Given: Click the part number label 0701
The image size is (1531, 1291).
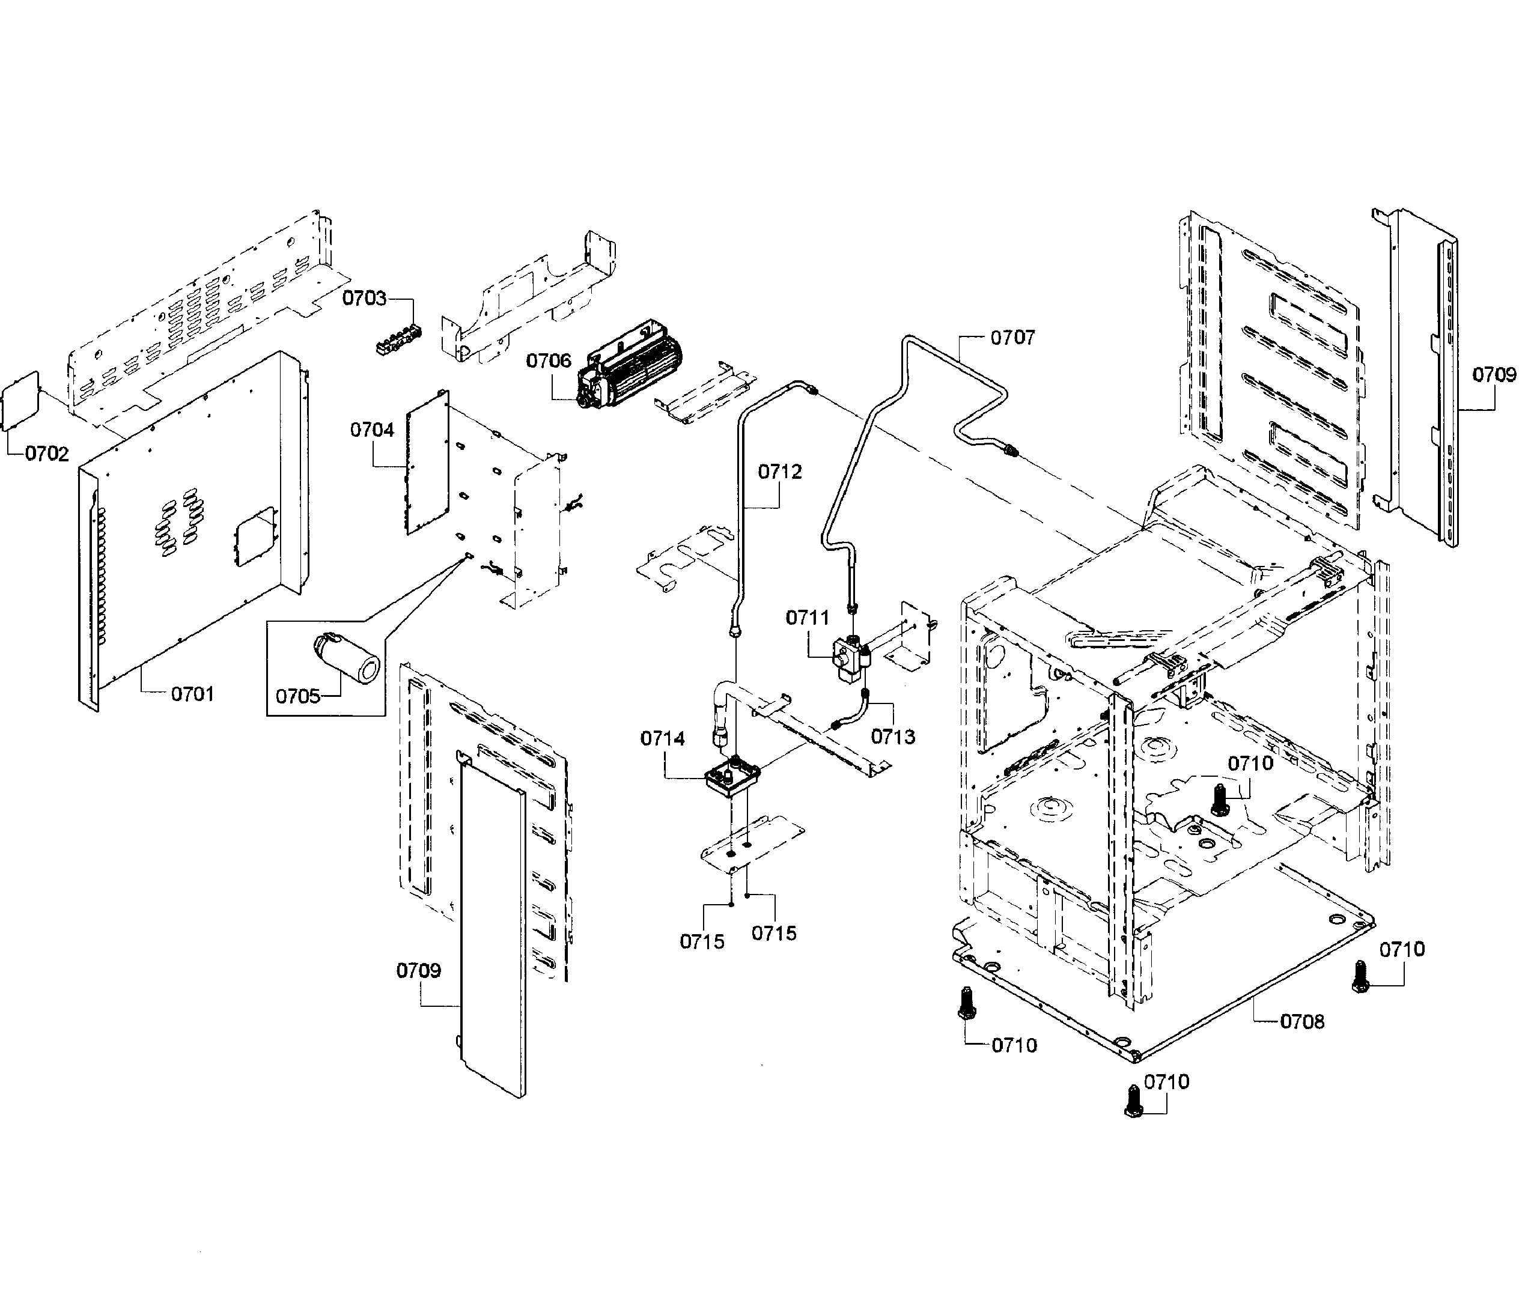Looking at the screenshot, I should pyautogui.click(x=192, y=694).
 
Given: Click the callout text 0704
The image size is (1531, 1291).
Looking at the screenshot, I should pyautogui.click(x=372, y=430).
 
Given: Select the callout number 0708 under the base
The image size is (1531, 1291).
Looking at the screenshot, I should pyautogui.click(x=1302, y=1022).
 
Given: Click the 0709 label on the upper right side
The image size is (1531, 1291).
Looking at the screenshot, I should pyautogui.click(x=1494, y=375).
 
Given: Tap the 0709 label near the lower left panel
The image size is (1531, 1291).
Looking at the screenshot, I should pyautogui.click(x=419, y=971).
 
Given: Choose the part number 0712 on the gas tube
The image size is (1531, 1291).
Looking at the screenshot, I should pyautogui.click(x=779, y=472).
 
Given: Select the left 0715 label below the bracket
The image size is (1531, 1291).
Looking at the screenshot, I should pyautogui.click(x=702, y=942).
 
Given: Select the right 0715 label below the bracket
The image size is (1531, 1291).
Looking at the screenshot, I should pyautogui.click(x=773, y=933).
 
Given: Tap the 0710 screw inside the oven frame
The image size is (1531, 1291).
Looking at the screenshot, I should pyautogui.click(x=1219, y=799).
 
